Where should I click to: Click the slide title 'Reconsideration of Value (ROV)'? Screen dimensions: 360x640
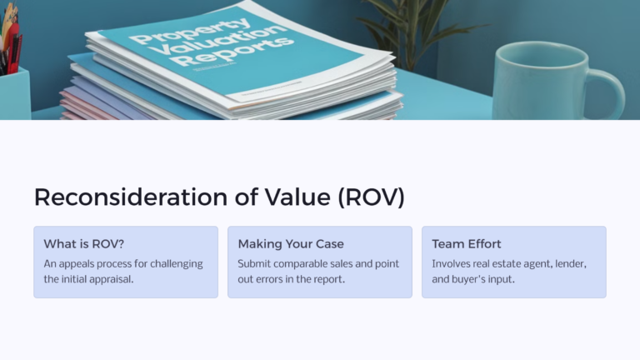(218, 197)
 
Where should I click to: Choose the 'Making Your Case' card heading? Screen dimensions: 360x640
(291, 244)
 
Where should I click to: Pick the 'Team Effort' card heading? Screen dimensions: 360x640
(467, 244)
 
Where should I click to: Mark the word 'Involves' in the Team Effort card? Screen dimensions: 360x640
(452, 263)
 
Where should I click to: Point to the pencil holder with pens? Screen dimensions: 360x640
(13, 83)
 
